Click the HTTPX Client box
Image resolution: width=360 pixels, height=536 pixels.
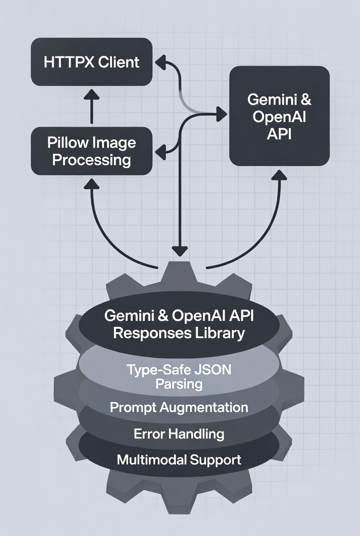click(x=91, y=62)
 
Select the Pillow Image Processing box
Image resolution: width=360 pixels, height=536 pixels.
click(x=91, y=151)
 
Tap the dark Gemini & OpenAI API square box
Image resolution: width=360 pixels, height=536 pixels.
click(x=279, y=116)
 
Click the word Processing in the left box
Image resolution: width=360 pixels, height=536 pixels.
click(x=91, y=160)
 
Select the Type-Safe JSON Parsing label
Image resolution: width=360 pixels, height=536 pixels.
click(x=179, y=376)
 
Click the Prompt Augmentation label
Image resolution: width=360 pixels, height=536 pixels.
click(x=179, y=407)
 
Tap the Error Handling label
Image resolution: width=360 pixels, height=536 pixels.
click(x=179, y=434)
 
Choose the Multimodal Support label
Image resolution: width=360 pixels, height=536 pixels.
click(x=179, y=459)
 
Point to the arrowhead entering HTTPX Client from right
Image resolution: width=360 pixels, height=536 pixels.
click(x=159, y=62)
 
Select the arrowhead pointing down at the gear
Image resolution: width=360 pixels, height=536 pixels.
click(x=180, y=251)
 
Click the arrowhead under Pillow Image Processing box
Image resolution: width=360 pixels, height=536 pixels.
click(x=91, y=183)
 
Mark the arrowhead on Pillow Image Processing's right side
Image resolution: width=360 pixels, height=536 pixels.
click(x=160, y=151)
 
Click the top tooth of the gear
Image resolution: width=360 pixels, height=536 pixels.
click(x=180, y=273)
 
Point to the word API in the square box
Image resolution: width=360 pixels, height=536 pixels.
click(x=280, y=136)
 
